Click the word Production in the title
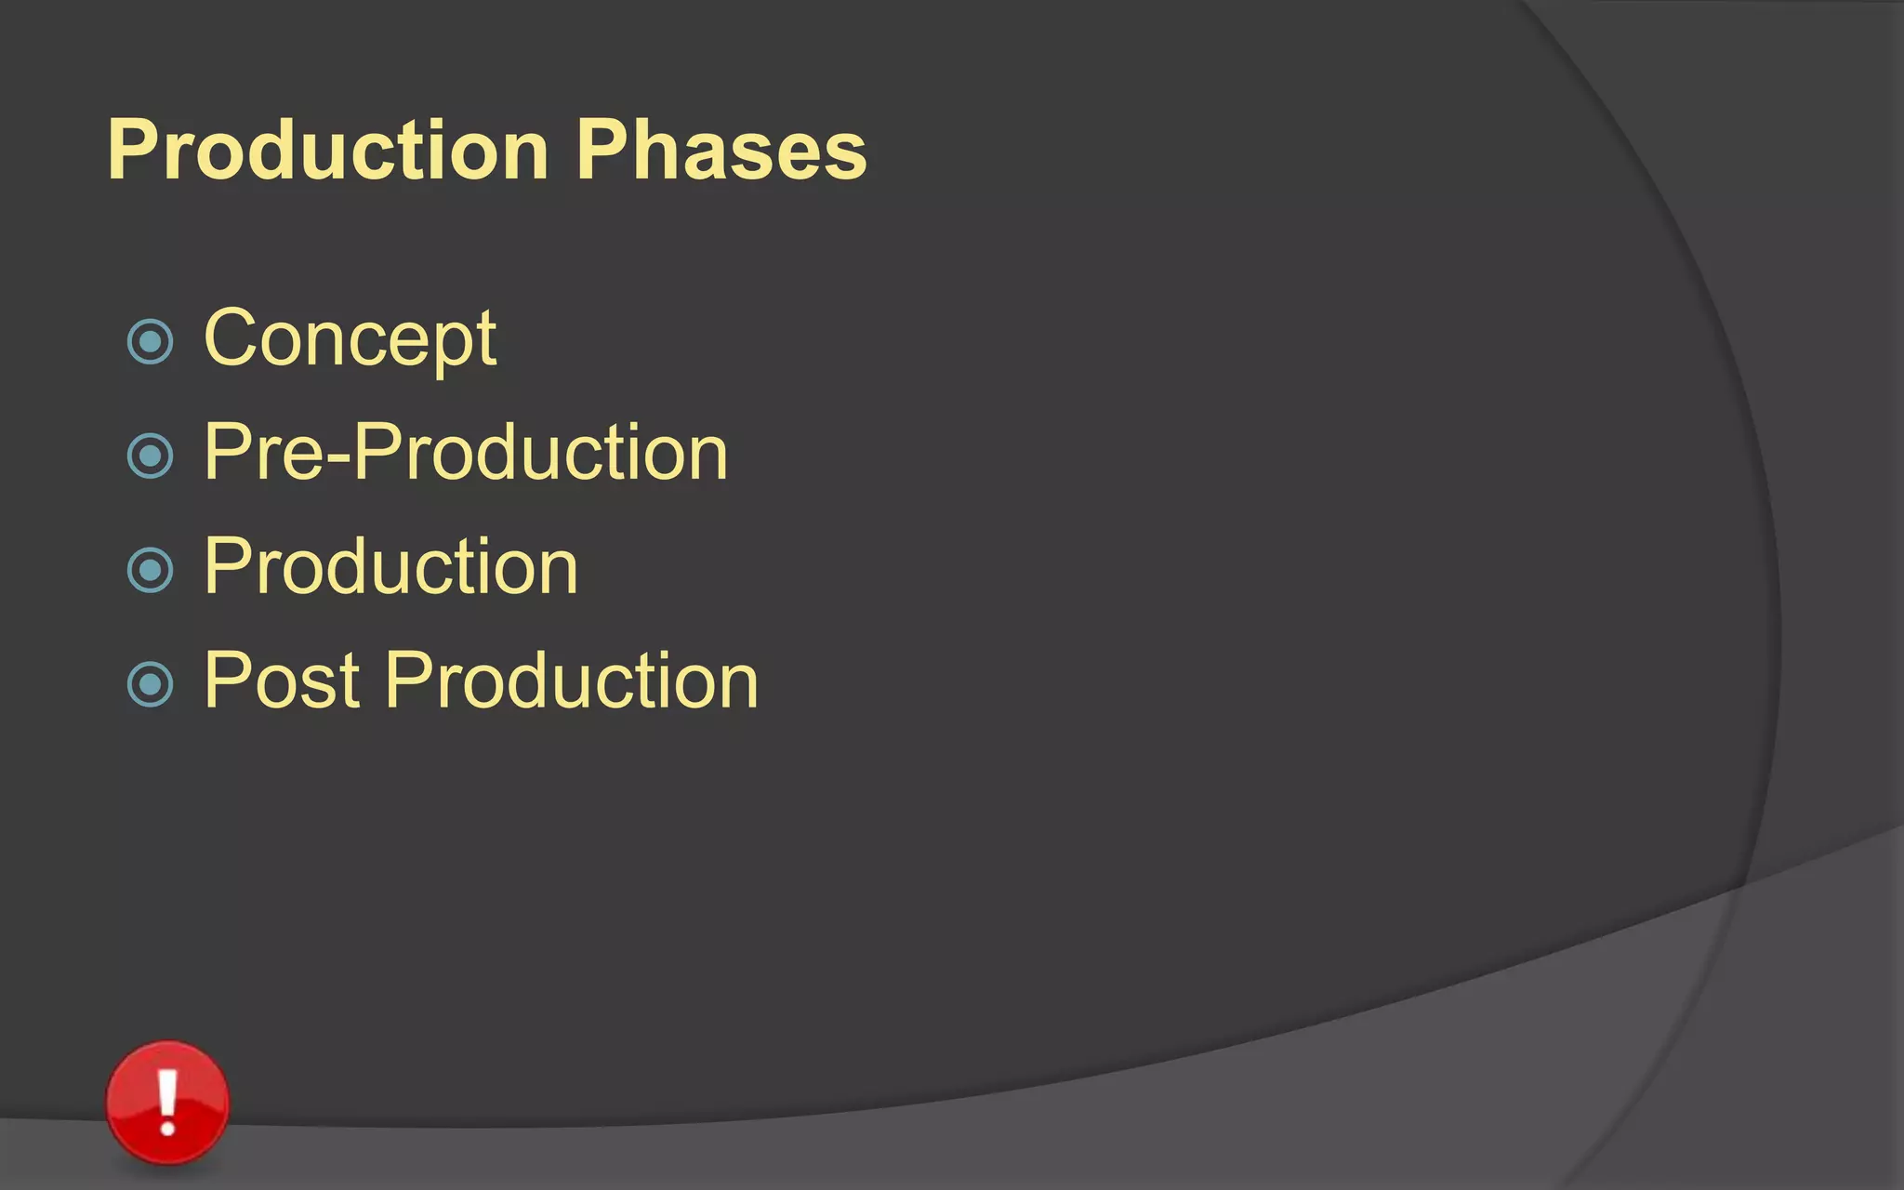pos(327,151)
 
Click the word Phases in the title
pos(721,151)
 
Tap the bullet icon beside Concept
pos(150,341)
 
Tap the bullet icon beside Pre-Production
pos(150,456)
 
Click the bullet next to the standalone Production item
pos(150,570)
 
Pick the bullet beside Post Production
pos(150,684)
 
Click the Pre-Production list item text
pos(465,454)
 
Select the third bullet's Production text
pos(390,567)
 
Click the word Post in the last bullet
pos(281,681)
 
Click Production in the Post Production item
pos(572,681)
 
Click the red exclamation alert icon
pos(167,1103)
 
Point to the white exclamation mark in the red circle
pos(167,1101)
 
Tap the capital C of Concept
pos(230,338)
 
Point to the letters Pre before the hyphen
pos(264,454)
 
